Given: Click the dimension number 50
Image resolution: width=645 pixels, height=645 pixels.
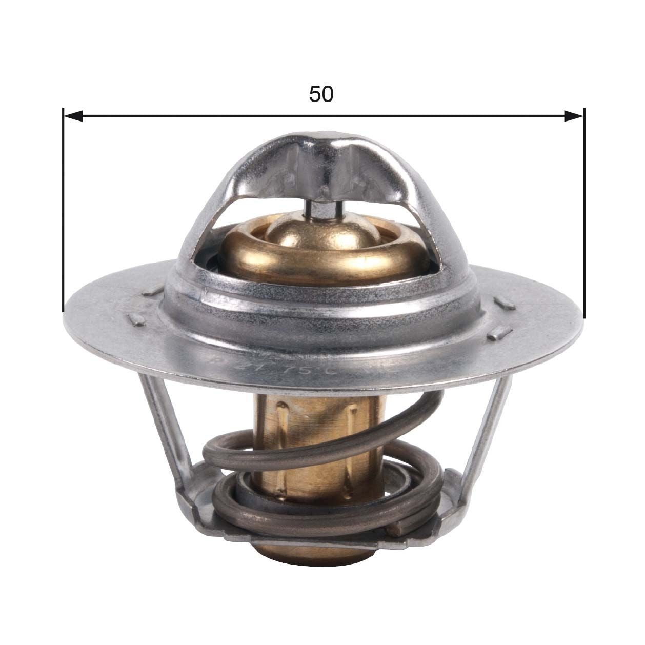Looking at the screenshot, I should tap(321, 94).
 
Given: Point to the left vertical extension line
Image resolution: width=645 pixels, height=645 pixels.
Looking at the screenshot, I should tap(63, 215).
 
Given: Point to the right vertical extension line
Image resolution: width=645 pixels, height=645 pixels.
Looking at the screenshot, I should tap(583, 215).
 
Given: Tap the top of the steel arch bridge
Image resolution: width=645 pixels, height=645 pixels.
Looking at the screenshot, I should tap(323, 141).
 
